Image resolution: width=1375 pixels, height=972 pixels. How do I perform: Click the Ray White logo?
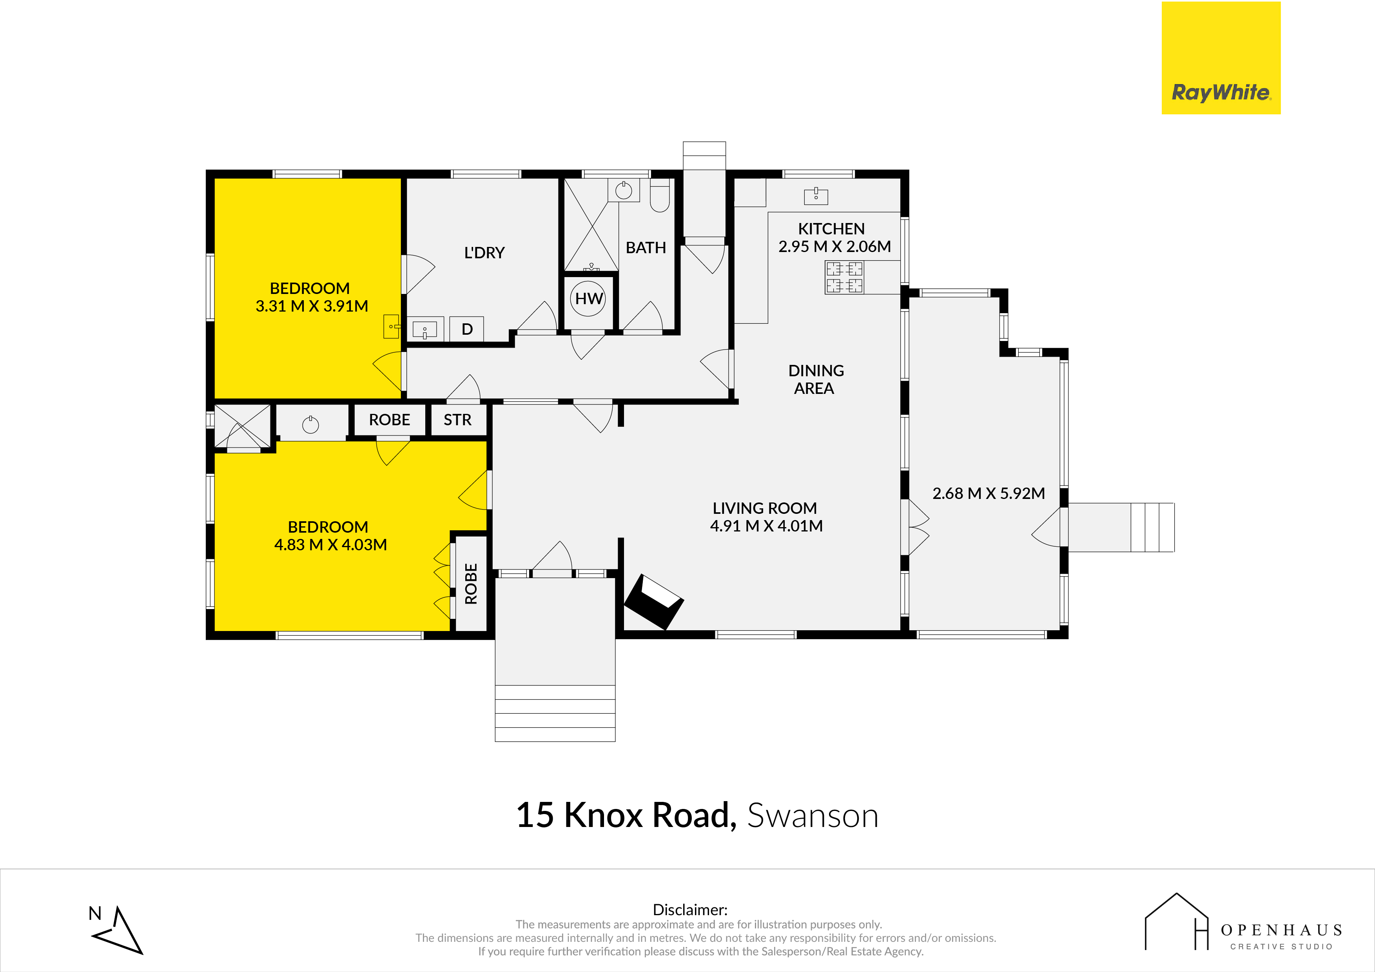pos(1221,58)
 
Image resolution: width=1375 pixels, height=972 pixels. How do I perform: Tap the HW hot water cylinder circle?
pos(589,298)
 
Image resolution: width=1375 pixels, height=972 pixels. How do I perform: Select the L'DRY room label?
pos(484,253)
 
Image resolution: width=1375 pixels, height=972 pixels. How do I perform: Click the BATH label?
pos(646,247)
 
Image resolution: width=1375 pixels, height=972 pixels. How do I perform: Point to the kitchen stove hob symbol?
pos(844,277)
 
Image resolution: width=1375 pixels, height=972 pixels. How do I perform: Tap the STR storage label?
pos(457,420)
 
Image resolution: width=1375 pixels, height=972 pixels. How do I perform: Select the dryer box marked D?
pos(467,329)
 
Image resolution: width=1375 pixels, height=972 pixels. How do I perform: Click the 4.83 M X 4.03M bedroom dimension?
pos(330,544)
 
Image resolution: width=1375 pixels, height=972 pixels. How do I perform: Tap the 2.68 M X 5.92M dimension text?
pos(989,493)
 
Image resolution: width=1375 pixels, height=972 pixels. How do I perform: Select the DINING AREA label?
pos(816,379)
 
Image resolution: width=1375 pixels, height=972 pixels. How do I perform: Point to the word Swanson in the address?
pos(813,815)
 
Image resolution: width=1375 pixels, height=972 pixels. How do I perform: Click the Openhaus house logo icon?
pos(1177,922)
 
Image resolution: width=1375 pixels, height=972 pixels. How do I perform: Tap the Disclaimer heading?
pos(690,910)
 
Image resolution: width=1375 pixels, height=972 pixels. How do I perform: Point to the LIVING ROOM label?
pos(765,508)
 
